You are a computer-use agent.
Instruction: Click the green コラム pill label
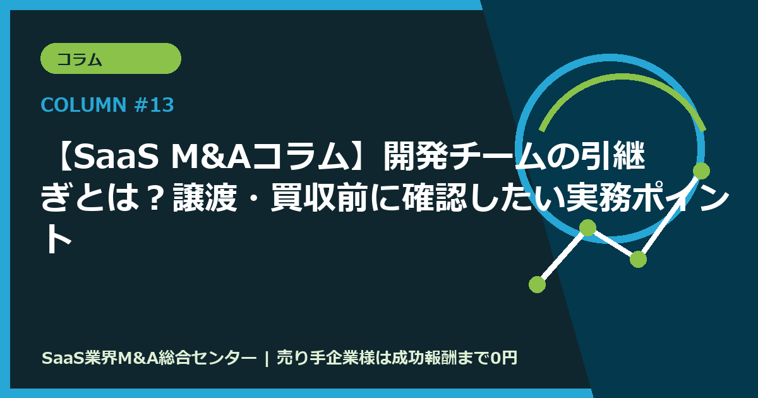[x=111, y=59]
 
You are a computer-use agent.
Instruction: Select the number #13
[x=154, y=105]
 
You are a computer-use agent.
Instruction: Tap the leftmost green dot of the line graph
[x=537, y=284]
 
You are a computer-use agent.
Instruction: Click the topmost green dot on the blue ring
[x=701, y=171]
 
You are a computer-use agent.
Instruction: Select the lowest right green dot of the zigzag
[x=638, y=259]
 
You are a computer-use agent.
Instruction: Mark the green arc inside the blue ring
[x=619, y=82]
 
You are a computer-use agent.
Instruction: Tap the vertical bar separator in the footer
[x=267, y=358]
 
